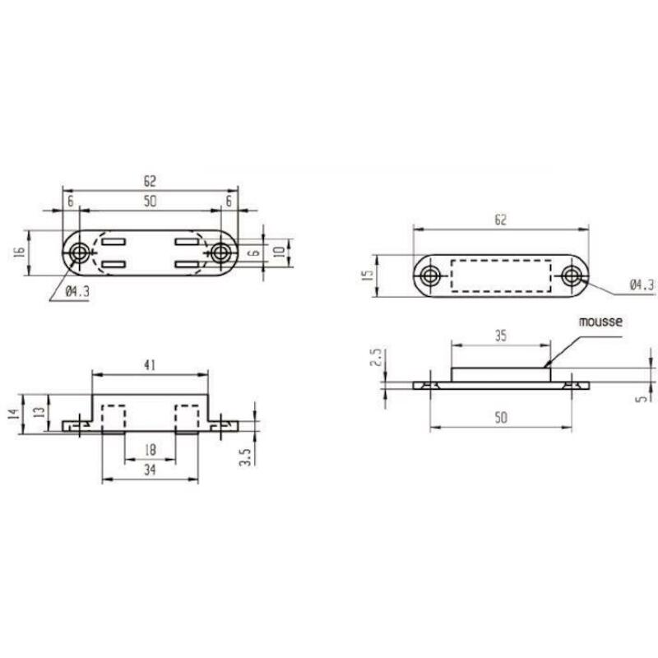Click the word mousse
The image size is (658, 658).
tap(600, 322)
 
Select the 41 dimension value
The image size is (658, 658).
tap(150, 365)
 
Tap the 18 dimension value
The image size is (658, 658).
tap(150, 450)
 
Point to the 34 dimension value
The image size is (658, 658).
tap(150, 470)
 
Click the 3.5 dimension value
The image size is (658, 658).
tap(245, 456)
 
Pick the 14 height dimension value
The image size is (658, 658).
tap(14, 415)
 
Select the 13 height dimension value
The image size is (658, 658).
tap(39, 412)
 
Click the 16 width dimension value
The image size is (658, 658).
tap(19, 253)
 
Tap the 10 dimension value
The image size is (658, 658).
tap(279, 253)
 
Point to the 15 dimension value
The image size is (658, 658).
tap(367, 275)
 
